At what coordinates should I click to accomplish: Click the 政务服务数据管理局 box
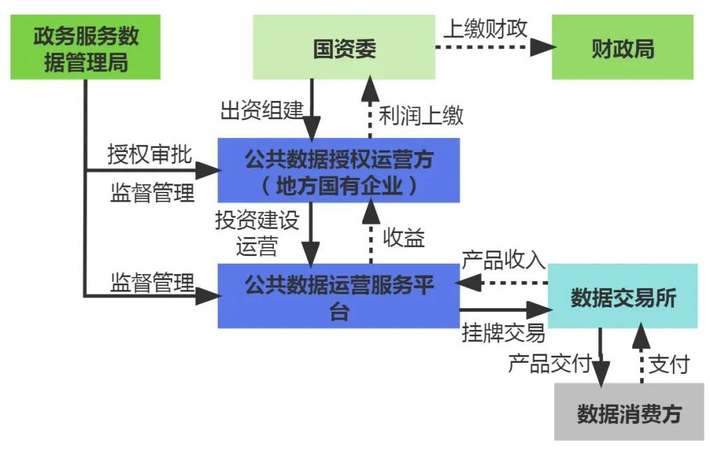tap(86, 47)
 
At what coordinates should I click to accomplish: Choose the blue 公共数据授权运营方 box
tap(339, 170)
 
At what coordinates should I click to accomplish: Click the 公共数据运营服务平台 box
tap(339, 296)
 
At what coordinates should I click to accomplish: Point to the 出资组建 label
tap(262, 110)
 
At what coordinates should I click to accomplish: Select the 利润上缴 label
tap(421, 115)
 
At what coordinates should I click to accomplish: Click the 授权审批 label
tap(149, 154)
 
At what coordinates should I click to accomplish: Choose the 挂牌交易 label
tap(503, 333)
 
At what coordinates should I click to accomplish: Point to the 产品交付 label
tap(549, 363)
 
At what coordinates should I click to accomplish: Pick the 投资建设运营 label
tap(257, 232)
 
